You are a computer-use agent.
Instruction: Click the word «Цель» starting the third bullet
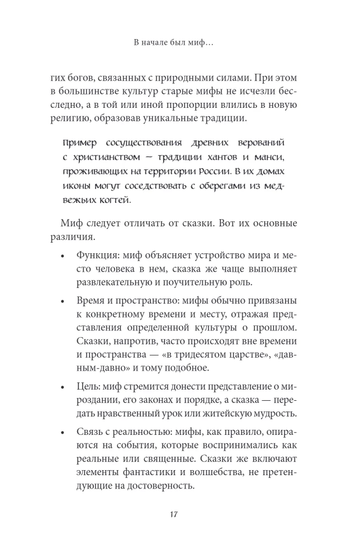click(88, 387)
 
